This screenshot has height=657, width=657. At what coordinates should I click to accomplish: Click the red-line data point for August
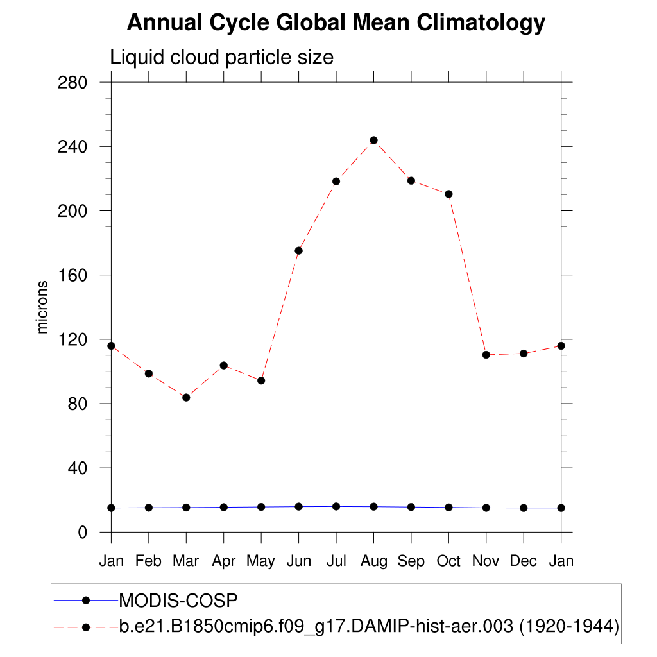[x=373, y=140]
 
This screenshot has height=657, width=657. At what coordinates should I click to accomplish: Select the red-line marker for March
[x=186, y=398]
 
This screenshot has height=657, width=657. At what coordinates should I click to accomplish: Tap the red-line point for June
[x=298, y=250]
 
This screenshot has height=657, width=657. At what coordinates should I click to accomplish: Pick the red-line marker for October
[x=448, y=194]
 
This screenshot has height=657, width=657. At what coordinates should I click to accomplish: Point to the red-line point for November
[x=486, y=355]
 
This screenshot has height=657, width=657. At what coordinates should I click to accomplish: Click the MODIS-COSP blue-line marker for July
[x=336, y=507]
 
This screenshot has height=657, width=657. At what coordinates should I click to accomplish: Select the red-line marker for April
[x=224, y=365]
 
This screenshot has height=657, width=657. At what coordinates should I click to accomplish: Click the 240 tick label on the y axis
[x=73, y=147]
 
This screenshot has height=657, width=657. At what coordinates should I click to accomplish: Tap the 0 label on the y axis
[x=83, y=532]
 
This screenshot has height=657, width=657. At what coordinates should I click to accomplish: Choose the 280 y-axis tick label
[x=73, y=83]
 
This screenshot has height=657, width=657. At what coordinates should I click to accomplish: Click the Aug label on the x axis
[x=373, y=561]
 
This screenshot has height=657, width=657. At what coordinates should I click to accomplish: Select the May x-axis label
[x=261, y=561]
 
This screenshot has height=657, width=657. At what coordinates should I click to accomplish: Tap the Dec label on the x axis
[x=524, y=561]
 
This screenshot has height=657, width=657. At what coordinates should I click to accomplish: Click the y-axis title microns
[x=42, y=307]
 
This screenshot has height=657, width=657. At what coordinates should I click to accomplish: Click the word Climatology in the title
[x=481, y=23]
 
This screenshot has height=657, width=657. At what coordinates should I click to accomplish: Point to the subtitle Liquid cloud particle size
[x=222, y=57]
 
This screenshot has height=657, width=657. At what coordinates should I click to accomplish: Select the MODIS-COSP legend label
[x=179, y=601]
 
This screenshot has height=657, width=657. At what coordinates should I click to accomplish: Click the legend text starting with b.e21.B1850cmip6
[x=369, y=626]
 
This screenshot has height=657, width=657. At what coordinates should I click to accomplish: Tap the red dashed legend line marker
[x=85, y=626]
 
